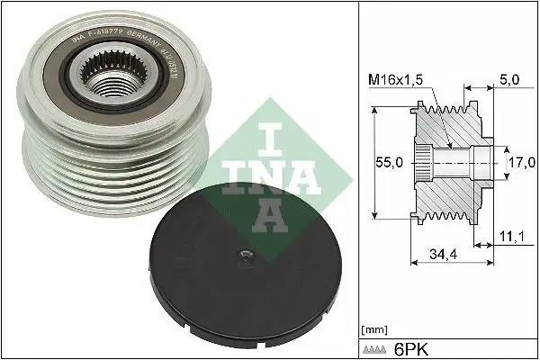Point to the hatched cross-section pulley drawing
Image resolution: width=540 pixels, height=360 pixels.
click(450, 162)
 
